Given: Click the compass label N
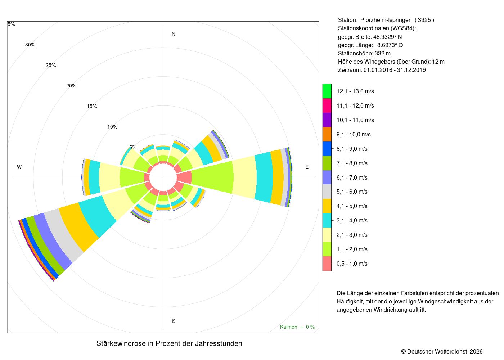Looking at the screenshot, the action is [174, 34].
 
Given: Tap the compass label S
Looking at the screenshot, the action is [174, 321].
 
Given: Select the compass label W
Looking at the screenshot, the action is [19, 167].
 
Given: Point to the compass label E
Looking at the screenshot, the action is [307, 167].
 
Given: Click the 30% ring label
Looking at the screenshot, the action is [30, 45].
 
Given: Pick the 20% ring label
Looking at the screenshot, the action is [71, 86].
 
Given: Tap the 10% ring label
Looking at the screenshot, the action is [112, 127].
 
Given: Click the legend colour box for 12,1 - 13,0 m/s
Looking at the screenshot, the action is [327, 91].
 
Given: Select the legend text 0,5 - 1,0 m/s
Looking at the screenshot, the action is [352, 264].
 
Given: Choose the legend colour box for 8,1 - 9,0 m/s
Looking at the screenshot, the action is [327, 148].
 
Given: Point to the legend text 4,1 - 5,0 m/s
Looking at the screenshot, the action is [352, 206].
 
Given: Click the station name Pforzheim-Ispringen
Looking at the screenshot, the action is [386, 20].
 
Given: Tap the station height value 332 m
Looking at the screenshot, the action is [382, 54].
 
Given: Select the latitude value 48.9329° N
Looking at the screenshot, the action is [387, 37].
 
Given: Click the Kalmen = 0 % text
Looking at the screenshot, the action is [297, 327].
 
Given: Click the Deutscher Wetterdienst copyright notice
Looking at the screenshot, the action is [442, 352].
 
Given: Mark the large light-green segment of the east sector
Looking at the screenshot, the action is [212, 177].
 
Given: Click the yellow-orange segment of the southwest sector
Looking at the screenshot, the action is [79, 226].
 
